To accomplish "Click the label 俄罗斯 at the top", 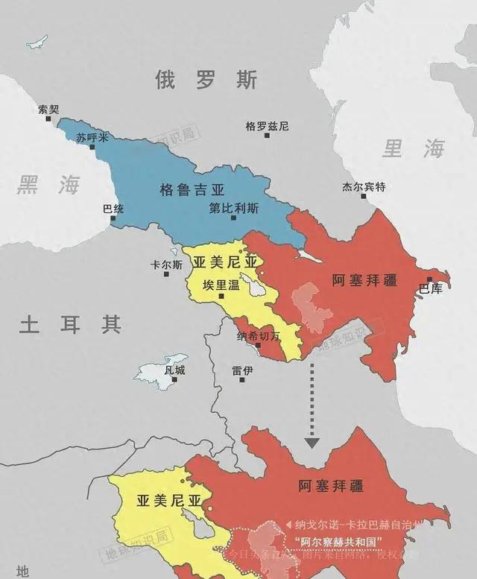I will click(207, 80).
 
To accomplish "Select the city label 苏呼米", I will click(92, 138).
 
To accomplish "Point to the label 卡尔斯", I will click(166, 265).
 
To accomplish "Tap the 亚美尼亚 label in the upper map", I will click(224, 262).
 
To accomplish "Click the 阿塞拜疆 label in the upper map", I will click(363, 280).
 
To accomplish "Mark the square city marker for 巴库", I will click(429, 279).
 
